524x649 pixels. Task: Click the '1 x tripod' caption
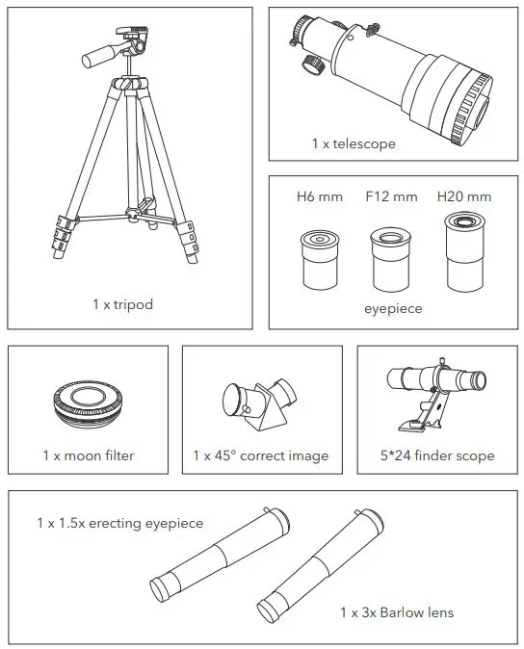(x=122, y=304)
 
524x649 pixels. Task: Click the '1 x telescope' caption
(x=353, y=143)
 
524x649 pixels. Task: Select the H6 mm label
(x=319, y=197)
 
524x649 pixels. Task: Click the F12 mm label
(x=391, y=197)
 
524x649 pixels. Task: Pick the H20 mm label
(x=463, y=197)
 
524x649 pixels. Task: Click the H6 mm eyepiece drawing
(x=318, y=258)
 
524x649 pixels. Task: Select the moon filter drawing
(x=87, y=406)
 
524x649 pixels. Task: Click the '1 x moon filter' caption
(x=88, y=455)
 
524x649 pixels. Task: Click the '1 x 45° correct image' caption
(x=260, y=455)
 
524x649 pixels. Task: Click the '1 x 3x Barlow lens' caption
(x=396, y=612)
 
